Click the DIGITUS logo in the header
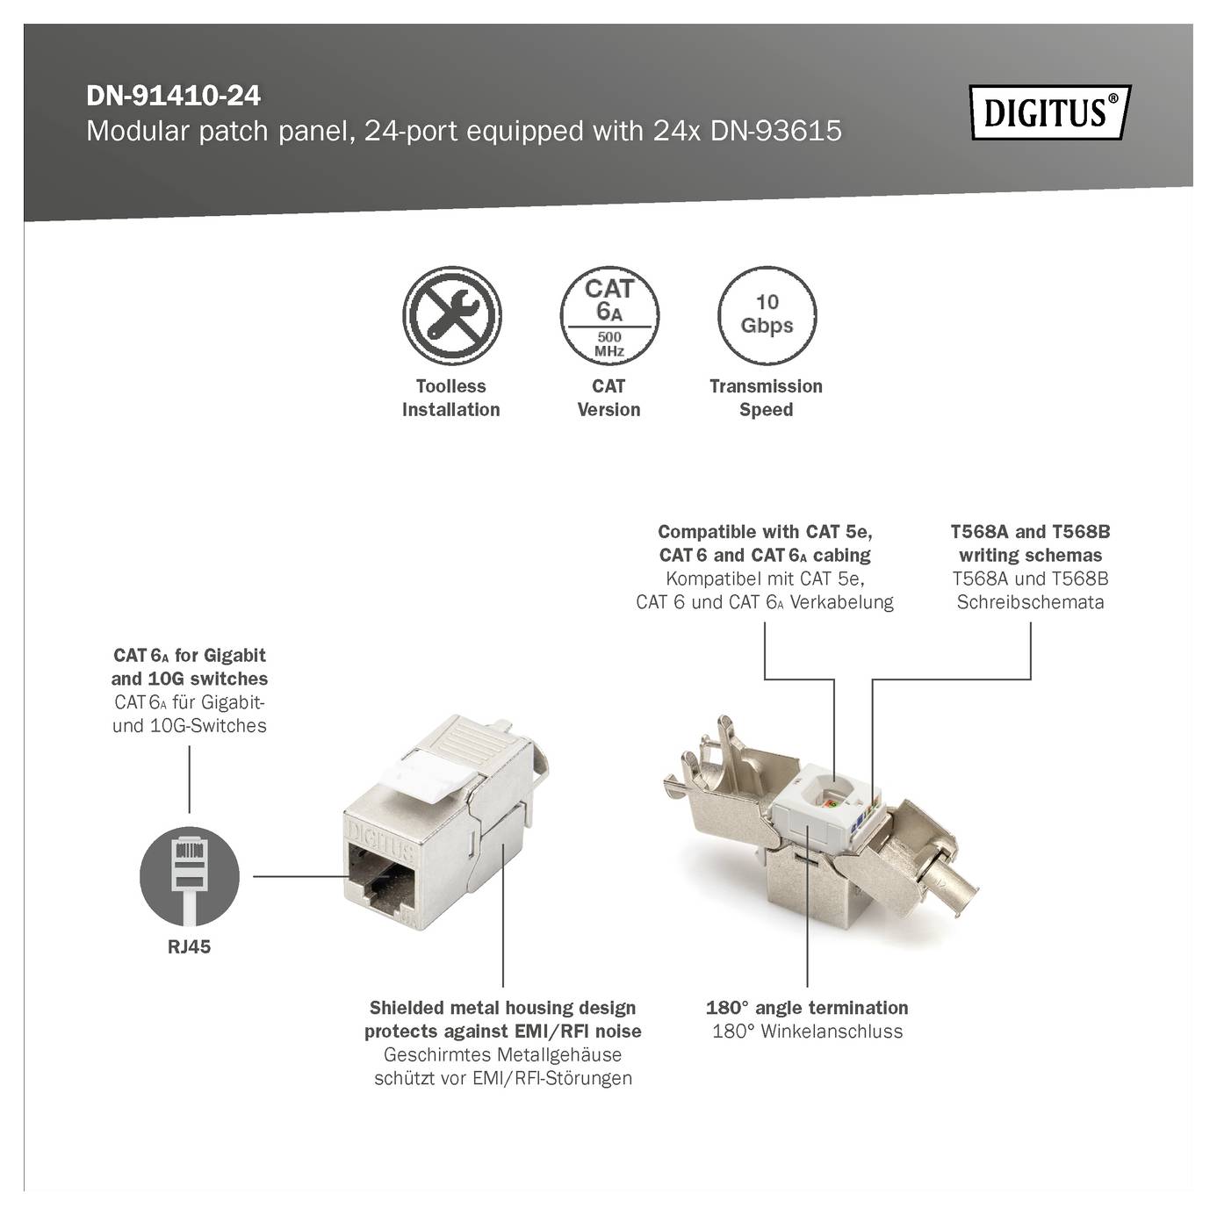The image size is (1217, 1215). [x=1049, y=113]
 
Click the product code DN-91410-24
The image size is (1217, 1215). [x=173, y=96]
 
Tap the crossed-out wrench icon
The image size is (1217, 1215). [x=451, y=316]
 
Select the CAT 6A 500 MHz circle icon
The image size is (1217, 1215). [x=608, y=316]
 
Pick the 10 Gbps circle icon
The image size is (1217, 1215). [x=767, y=316]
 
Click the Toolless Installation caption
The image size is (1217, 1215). [x=451, y=398]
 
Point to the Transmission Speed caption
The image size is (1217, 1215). [x=767, y=398]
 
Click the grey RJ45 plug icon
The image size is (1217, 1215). [x=190, y=874]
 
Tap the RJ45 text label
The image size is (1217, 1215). [x=190, y=947]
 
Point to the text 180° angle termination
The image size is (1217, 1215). [x=807, y=1008]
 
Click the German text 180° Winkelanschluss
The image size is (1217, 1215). [x=807, y=1032]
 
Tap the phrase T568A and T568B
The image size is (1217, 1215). [x=1030, y=532]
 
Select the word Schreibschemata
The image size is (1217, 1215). [x=1030, y=602]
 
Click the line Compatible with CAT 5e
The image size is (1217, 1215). [x=765, y=532]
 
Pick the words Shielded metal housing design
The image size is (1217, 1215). [x=502, y=1008]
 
